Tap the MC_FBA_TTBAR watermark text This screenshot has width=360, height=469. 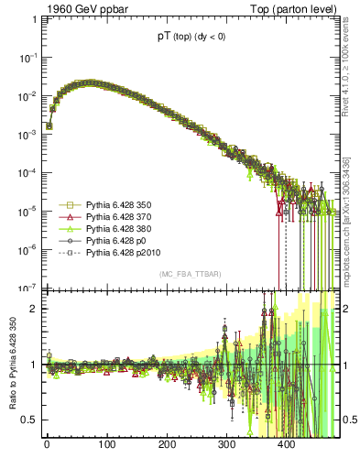click(190, 274)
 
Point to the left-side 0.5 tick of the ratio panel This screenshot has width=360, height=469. click(29, 420)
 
